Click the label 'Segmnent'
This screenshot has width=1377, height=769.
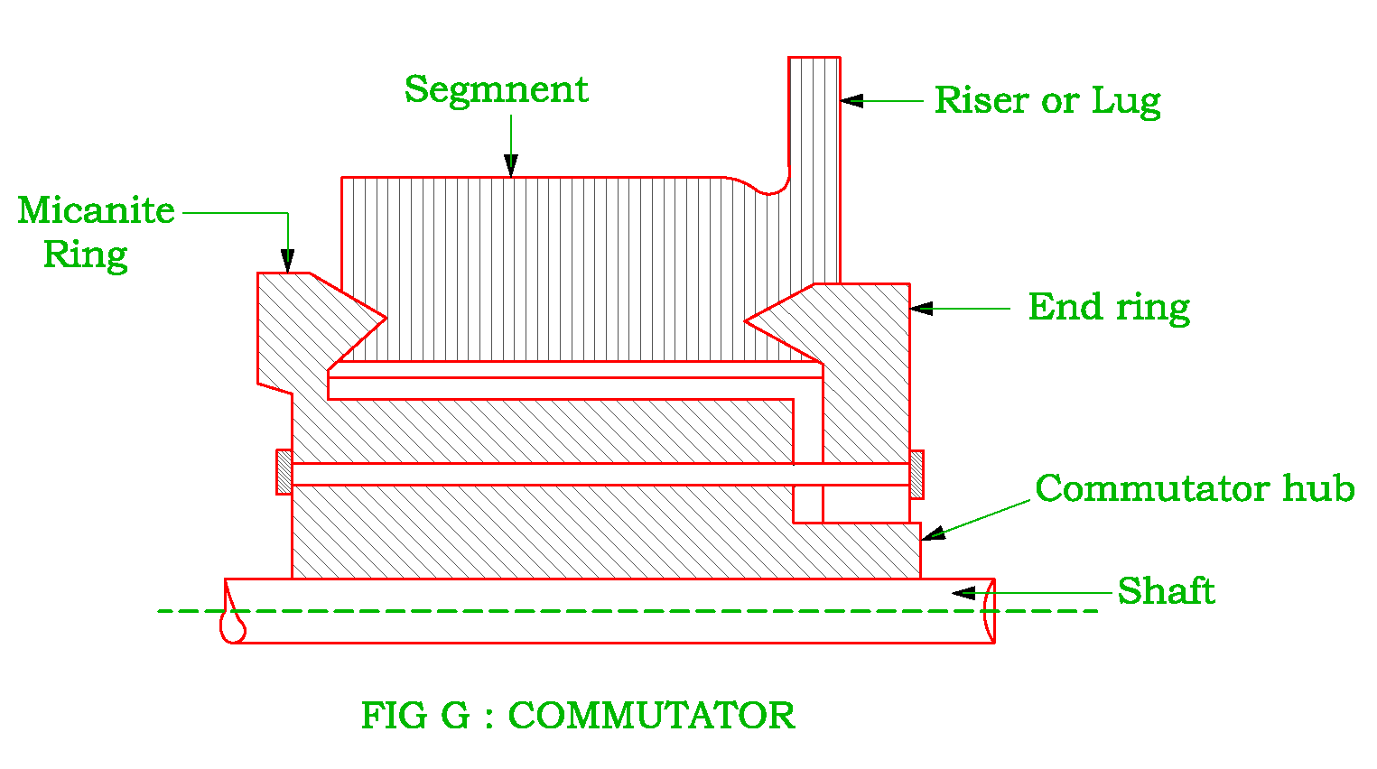[496, 89]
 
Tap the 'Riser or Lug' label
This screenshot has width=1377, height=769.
[1047, 100]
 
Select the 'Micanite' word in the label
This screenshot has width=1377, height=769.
[96, 210]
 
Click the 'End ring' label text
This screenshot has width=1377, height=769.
[1108, 307]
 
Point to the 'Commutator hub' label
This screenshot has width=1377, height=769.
[1194, 488]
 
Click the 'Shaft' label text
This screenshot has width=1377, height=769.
[1165, 591]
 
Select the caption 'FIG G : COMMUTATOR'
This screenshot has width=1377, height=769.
[578, 716]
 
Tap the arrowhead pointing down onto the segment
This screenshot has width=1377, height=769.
[511, 165]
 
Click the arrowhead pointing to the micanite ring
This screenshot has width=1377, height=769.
[288, 261]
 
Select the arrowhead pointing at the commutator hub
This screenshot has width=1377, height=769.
[933, 533]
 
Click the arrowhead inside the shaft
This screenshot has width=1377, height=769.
[963, 593]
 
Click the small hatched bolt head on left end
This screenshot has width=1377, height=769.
[284, 472]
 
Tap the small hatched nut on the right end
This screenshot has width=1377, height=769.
[916, 474]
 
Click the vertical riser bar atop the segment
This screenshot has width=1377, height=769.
[814, 162]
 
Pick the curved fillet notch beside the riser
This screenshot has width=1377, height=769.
[772, 187]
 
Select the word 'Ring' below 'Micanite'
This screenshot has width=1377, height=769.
[85, 255]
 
